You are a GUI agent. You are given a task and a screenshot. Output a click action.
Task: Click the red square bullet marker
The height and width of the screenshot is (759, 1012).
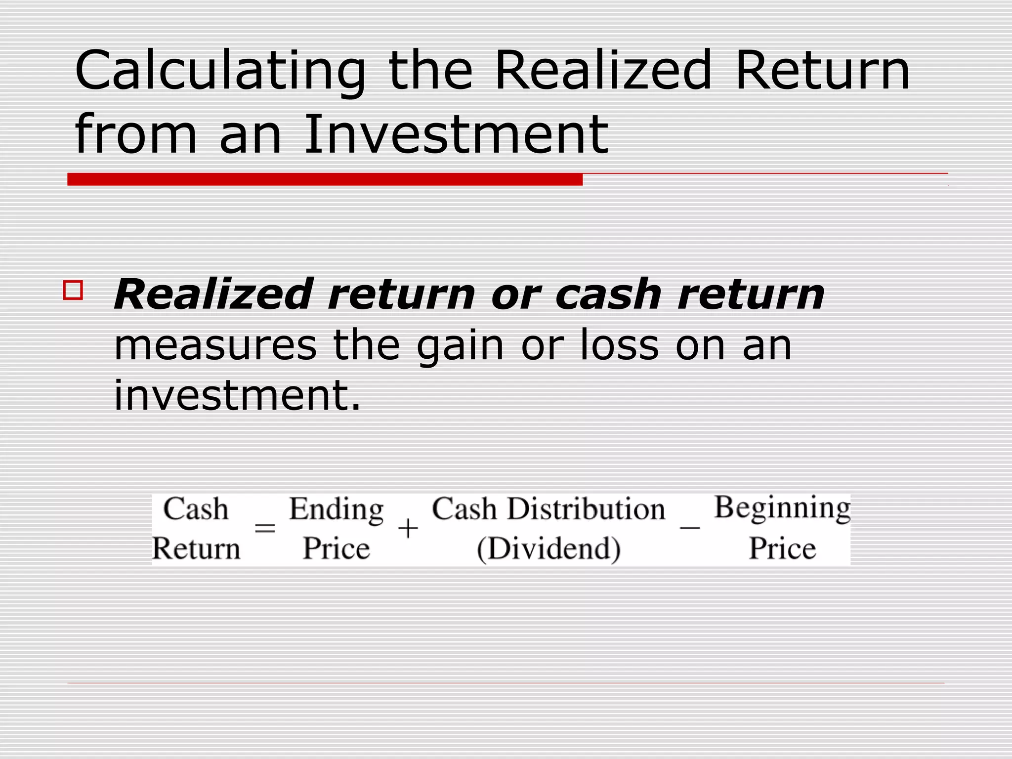pyautogui.click(x=73, y=290)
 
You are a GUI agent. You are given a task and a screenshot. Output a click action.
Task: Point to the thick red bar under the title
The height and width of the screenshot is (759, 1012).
pyautogui.click(x=325, y=179)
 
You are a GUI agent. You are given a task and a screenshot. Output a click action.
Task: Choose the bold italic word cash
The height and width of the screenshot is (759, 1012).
pyautogui.click(x=608, y=295)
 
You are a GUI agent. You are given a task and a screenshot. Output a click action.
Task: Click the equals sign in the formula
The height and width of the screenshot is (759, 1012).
pyautogui.click(x=265, y=529)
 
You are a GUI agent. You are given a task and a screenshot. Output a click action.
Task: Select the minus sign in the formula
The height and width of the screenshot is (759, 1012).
pyautogui.click(x=690, y=528)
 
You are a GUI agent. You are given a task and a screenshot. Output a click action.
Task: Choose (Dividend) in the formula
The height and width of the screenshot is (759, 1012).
pyautogui.click(x=549, y=549)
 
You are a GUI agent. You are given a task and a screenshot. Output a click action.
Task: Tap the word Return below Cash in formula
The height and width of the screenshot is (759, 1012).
pyautogui.click(x=196, y=549)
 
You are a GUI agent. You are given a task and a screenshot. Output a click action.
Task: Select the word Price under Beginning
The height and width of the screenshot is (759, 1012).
pyautogui.click(x=782, y=548)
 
